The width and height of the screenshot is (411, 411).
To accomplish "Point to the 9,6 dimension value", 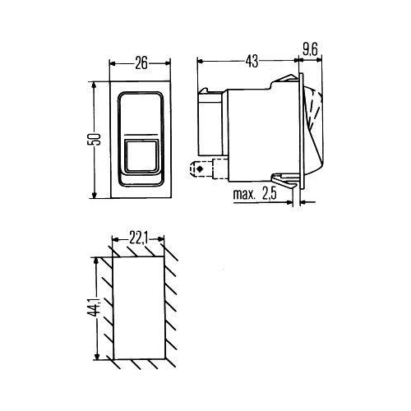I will click(311, 50).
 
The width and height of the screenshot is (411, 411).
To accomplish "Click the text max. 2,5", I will click(258, 196).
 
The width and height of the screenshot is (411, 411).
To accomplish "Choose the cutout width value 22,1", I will click(137, 238).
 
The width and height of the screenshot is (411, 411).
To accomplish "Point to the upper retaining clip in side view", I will click(285, 81).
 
